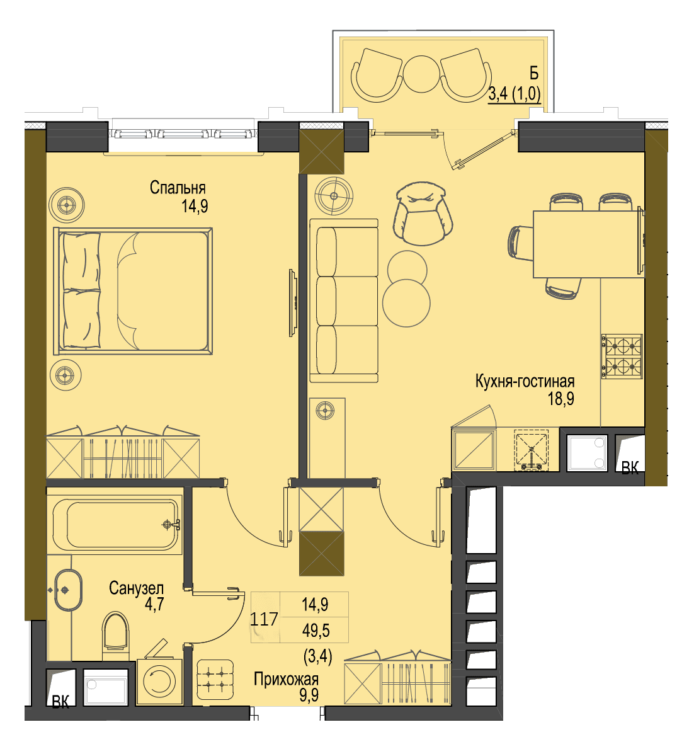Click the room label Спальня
pos(177,188)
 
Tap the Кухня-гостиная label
pos(525,381)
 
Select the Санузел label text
pos(136,588)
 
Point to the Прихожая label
pos(286,679)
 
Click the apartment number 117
pos(264,619)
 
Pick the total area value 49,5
pos(316,631)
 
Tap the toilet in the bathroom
pos(116,631)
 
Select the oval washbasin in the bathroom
pos(68,590)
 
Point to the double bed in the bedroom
pos(134,291)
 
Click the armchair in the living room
pos(423,213)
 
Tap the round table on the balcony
pos(421,74)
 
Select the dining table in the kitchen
pos(588,244)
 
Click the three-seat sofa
pos(344,301)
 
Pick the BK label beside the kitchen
pos(630,467)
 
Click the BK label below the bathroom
pos(60,702)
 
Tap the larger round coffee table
pos(406,303)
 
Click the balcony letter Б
pos(534,74)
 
